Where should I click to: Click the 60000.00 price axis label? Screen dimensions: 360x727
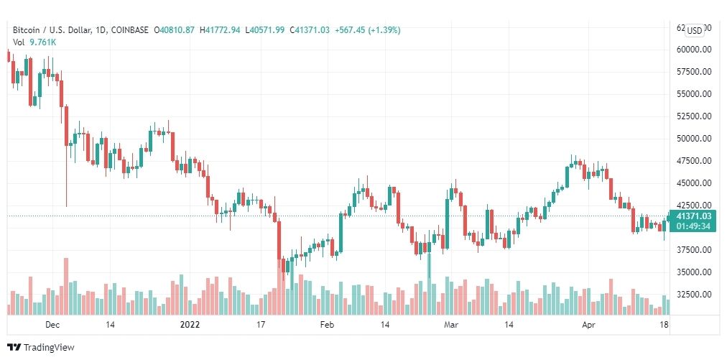(693, 50)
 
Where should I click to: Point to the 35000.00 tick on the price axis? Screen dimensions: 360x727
(693, 272)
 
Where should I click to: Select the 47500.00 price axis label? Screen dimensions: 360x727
(693, 161)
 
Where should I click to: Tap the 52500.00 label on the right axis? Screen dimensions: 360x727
(693, 116)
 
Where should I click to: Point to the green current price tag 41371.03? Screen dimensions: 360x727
(694, 216)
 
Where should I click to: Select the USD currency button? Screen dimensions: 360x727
(695, 30)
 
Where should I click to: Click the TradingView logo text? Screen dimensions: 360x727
(48, 348)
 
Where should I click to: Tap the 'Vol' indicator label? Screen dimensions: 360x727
(19, 42)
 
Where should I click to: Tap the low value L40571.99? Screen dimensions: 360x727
(264, 30)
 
